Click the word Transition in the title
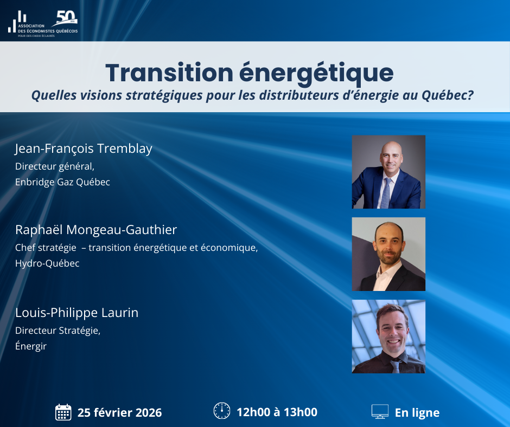tap(169, 72)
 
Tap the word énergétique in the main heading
tap(316, 74)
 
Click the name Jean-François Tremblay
tap(84, 148)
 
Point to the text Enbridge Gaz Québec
tap(62, 182)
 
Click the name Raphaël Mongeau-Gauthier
tap(96, 230)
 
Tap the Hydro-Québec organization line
tap(47, 263)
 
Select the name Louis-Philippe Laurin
tap(76, 313)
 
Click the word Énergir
tap(31, 346)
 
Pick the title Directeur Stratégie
tap(58, 331)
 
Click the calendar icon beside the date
tap(63, 412)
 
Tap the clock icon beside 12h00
tap(222, 411)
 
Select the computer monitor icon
tap(380, 411)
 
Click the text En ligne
tap(417, 412)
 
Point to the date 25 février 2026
tap(119, 412)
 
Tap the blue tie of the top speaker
tap(386, 193)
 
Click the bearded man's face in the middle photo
tap(389, 245)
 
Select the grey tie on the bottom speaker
tap(396, 366)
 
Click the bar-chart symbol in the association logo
tap(17, 22)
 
